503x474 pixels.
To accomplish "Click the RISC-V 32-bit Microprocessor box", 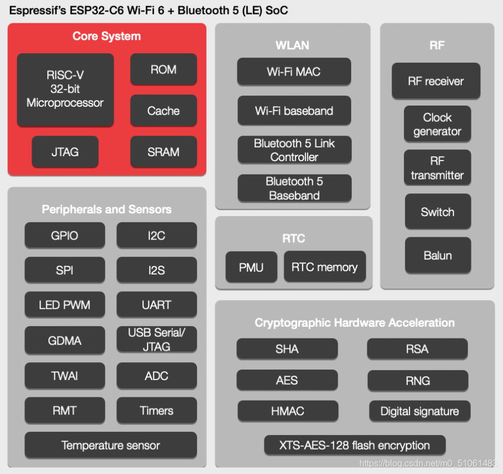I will click(65, 89).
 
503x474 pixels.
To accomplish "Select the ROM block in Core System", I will click(164, 69).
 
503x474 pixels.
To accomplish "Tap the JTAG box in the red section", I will click(65, 152).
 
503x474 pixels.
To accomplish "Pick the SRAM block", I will click(164, 152).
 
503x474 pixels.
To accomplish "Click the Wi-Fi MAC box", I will click(294, 72).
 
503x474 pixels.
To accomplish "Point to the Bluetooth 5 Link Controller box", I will click(294, 150).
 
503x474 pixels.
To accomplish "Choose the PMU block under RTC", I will click(251, 267).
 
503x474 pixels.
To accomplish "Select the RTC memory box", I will click(324, 267).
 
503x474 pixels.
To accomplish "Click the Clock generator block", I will click(437, 124).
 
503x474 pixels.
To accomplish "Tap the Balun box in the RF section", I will click(438, 256).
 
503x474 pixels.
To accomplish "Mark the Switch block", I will click(438, 212).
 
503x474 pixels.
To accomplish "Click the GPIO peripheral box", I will click(65, 236).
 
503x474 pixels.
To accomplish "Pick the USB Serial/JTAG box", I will click(156, 340).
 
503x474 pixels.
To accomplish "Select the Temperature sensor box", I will click(111, 445).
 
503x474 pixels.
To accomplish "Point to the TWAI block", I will click(65, 376).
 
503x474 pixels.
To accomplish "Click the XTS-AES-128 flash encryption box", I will click(354, 445).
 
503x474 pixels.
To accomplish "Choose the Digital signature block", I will click(420, 411).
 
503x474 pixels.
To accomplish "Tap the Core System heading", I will click(106, 36).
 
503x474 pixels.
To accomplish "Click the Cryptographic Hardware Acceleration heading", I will click(354, 322).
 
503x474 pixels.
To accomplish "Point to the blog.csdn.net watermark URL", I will click(428, 463).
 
